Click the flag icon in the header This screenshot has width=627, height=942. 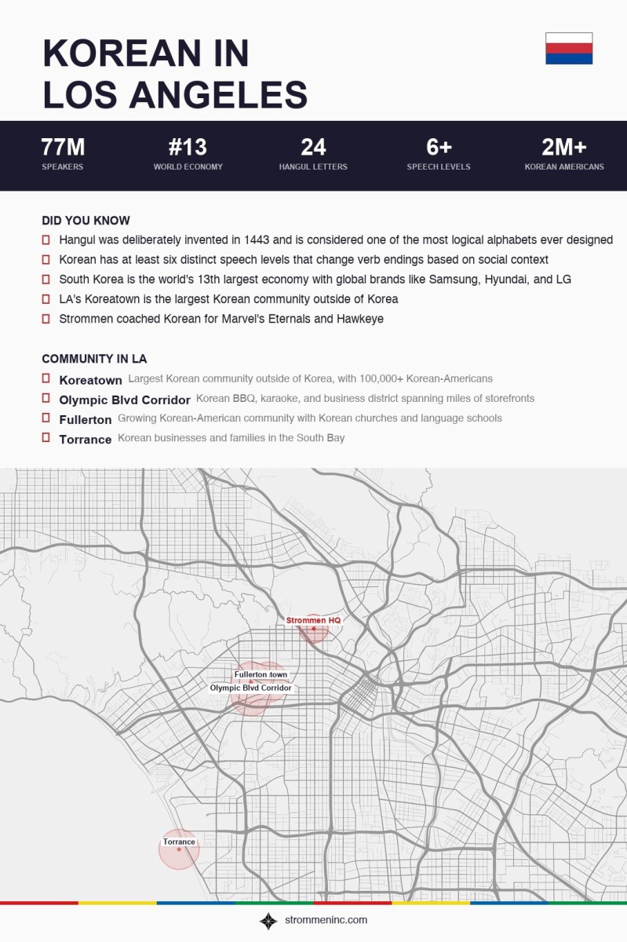(x=569, y=49)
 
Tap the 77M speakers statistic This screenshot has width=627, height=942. (x=63, y=148)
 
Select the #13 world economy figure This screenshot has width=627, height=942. (x=188, y=148)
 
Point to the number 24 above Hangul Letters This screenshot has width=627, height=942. (x=313, y=148)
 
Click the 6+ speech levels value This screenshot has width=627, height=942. (x=439, y=148)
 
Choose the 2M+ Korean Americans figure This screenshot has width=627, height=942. (x=564, y=148)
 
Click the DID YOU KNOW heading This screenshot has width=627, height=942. (x=86, y=221)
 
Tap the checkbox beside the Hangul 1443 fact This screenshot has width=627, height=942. (x=46, y=239)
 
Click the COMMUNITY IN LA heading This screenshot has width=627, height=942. (x=94, y=359)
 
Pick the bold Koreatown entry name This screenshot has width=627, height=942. (x=90, y=380)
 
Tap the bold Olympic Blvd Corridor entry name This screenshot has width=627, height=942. (x=125, y=400)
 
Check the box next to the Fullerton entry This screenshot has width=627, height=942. (x=46, y=418)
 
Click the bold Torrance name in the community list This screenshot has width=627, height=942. (x=86, y=440)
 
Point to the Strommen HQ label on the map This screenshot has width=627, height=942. (x=313, y=620)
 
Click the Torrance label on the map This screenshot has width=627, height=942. (x=179, y=842)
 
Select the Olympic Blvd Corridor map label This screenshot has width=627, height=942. (x=250, y=688)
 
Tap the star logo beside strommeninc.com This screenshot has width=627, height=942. (x=268, y=921)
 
